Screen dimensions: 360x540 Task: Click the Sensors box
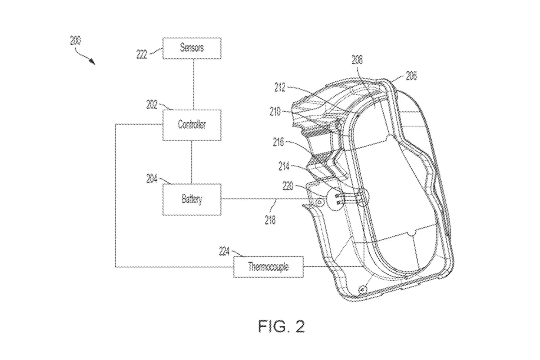tap(192, 48)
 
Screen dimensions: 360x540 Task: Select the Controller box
tap(192, 125)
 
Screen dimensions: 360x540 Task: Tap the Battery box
tap(192, 199)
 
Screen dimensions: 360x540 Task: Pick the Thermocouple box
tap(268, 267)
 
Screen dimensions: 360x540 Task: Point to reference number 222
tap(142, 55)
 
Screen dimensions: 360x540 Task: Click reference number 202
tap(152, 105)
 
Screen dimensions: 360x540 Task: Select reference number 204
tap(152, 178)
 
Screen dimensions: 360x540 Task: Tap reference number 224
tap(224, 251)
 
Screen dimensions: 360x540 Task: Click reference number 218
tap(270, 219)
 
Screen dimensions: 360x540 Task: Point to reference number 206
tap(411, 76)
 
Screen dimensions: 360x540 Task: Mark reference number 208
tap(357, 59)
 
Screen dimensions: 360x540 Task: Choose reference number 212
tap(280, 87)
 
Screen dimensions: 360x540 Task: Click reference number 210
tap(275, 112)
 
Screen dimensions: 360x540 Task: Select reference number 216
tap(278, 143)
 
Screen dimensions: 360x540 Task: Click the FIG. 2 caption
tap(281, 326)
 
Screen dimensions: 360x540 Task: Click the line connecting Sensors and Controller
tap(194, 84)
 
